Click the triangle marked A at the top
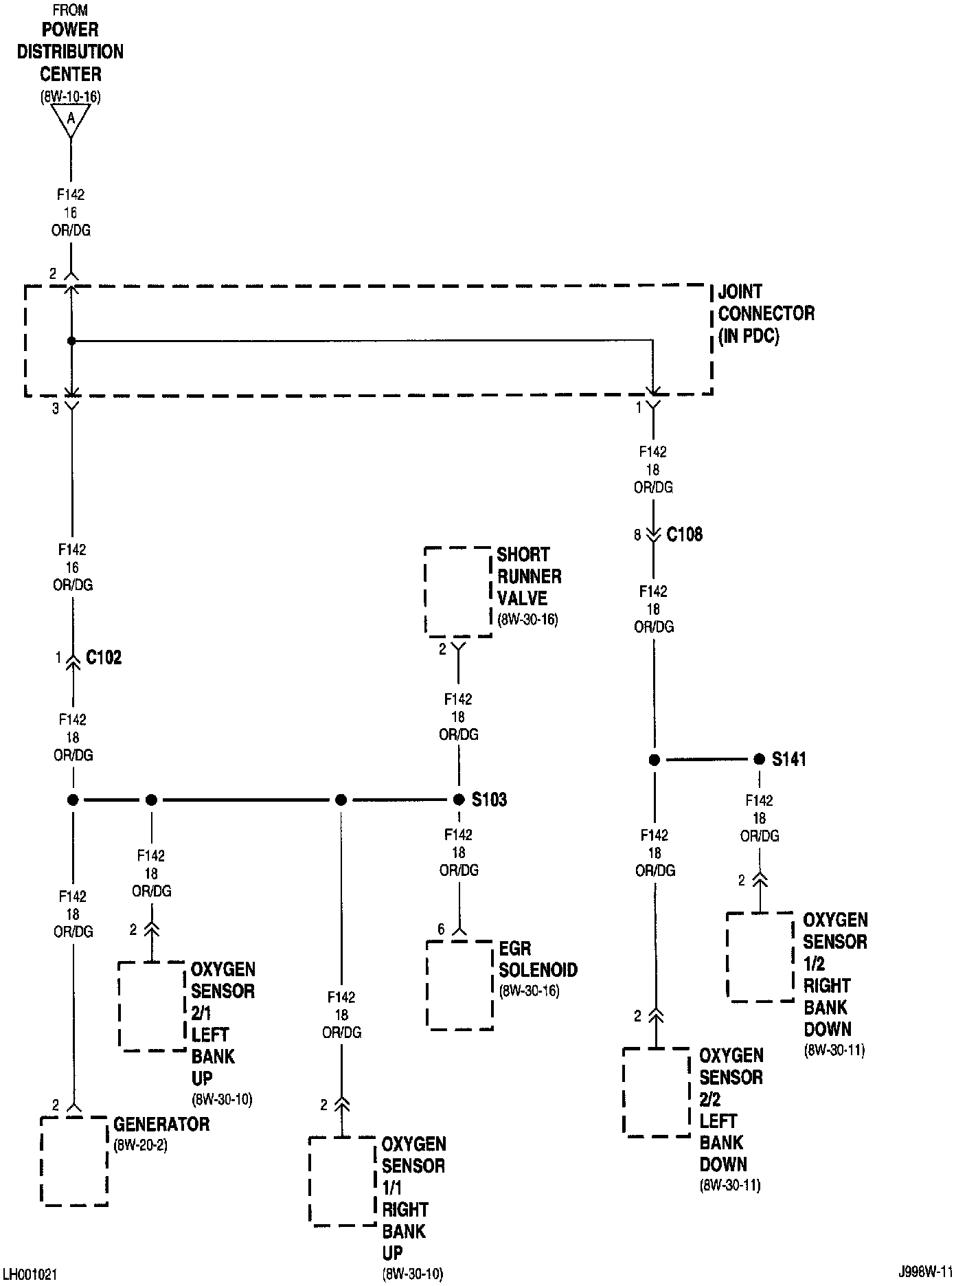tap(70, 120)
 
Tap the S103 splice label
tap(489, 800)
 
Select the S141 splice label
tap(788, 759)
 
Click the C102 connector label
tap(104, 657)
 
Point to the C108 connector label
tap(685, 534)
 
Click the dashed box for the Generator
tap(74, 1161)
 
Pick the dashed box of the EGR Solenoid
tap(460, 985)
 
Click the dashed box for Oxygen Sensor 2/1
tap(152, 1006)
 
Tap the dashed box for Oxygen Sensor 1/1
tap(342, 1182)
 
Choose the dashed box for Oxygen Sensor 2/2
tap(656, 1092)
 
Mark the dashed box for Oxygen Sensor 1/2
tap(760, 956)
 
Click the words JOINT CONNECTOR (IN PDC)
tap(766, 313)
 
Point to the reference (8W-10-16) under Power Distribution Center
tap(70, 97)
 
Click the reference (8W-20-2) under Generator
tap(140, 1146)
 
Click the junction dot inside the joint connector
tap(71, 341)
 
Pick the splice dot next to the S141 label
tap(759, 759)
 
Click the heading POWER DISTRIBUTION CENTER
tap(70, 52)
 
